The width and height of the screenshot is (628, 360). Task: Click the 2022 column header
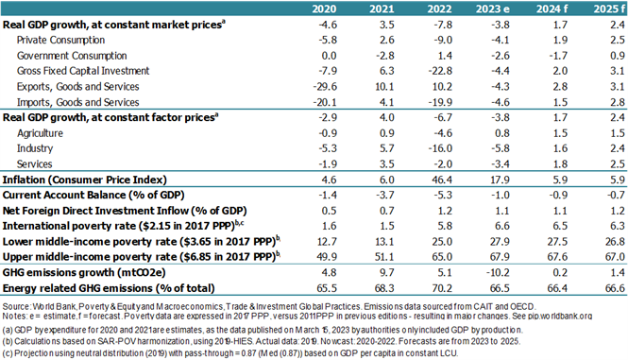[439, 9]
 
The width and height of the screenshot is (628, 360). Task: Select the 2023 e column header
[493, 9]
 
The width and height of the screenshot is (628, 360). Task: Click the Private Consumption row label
[60, 40]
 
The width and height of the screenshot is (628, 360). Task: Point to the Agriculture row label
[40, 133]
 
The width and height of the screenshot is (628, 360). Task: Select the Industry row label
[35, 148]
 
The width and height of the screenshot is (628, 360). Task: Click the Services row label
[34, 164]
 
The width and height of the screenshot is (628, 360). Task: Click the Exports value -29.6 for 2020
[325, 87]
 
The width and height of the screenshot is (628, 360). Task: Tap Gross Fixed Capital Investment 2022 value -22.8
[440, 71]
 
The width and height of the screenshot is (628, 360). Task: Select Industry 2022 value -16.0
[440, 148]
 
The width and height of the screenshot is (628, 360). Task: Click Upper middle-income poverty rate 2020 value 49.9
[327, 257]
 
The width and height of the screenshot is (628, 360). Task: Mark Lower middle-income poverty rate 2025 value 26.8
[615, 242]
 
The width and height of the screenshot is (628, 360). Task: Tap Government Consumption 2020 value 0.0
[330, 56]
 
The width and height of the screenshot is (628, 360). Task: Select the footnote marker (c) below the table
[8, 353]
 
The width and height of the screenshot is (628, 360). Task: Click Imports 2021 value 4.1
[386, 102]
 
